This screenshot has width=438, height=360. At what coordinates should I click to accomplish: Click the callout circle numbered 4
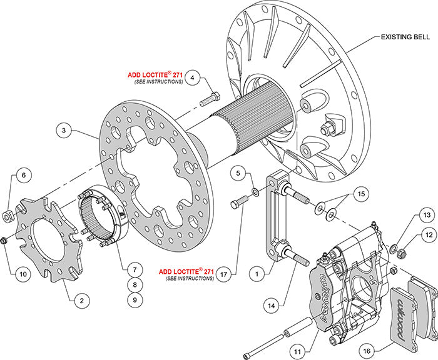[194, 78]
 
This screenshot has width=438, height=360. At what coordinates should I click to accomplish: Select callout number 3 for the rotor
[64, 131]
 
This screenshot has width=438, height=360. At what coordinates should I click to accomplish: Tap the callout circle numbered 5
[238, 171]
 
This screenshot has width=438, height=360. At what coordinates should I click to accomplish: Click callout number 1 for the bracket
[255, 272]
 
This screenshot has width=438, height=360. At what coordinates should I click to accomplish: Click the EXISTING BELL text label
[405, 37]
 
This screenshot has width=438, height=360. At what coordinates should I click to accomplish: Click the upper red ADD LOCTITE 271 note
[156, 74]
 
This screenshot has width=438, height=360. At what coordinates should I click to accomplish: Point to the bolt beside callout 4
[209, 99]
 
